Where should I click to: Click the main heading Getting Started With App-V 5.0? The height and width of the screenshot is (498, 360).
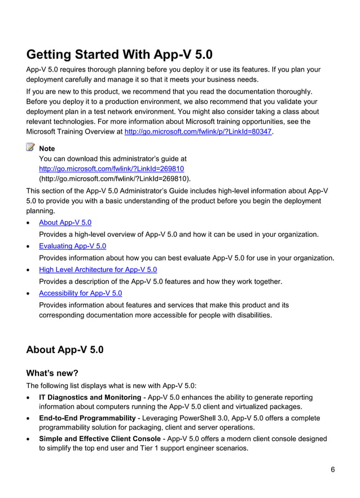click(120, 55)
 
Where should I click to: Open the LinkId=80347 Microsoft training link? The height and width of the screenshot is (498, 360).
click(198, 131)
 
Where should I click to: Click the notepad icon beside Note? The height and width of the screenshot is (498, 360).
click(30, 148)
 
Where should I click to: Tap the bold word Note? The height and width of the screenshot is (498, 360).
click(47, 149)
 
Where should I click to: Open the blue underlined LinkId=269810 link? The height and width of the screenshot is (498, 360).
click(111, 169)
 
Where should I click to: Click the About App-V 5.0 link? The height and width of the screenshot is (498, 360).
click(65, 223)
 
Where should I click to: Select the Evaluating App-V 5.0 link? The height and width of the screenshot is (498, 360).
click(72, 246)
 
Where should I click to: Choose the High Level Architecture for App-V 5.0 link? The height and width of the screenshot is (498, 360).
click(98, 270)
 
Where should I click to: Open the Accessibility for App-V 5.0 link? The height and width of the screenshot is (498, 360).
click(80, 293)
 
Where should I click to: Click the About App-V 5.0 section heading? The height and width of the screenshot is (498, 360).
click(65, 350)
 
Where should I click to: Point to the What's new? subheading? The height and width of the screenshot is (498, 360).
click(52, 373)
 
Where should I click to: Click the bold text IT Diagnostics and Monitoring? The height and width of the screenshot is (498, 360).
click(90, 398)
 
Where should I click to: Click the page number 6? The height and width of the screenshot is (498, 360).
click(333, 470)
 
